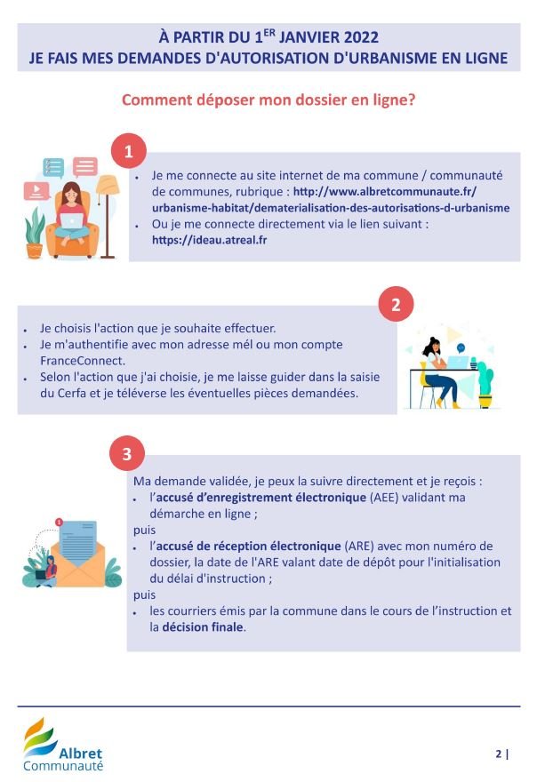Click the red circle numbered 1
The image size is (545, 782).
128,150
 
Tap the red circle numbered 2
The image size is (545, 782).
396,304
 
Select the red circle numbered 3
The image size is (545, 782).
127,454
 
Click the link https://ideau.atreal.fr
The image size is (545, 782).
210,240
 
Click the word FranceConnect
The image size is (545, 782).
83,361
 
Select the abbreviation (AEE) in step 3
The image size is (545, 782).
384,498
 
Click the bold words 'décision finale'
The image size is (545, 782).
203,626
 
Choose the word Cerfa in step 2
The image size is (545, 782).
72,393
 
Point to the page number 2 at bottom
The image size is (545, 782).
499,754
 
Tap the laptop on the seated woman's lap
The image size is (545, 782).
72,221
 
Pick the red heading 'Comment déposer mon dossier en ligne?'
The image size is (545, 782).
268,100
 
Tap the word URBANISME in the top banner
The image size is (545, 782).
389,59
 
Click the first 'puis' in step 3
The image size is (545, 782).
144,531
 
